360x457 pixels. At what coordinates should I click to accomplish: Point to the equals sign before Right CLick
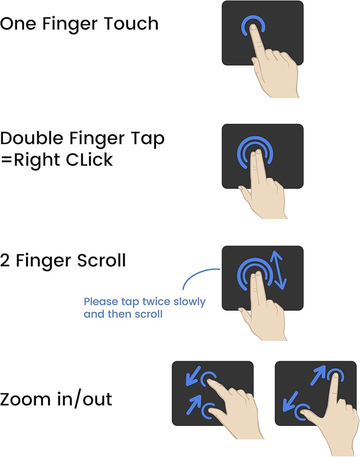(6, 160)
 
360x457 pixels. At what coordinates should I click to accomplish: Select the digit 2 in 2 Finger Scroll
(4, 260)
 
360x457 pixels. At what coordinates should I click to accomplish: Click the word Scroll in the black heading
(101, 260)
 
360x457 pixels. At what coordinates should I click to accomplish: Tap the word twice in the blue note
(157, 301)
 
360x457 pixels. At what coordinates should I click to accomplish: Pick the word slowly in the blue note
(189, 302)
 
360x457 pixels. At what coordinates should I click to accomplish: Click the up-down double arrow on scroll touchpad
(279, 270)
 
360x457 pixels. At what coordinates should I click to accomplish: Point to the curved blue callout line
(197, 274)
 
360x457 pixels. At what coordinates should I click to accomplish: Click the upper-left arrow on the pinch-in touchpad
(193, 376)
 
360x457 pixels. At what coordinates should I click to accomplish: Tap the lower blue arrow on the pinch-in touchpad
(194, 404)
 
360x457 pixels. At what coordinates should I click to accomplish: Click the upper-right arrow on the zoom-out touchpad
(318, 375)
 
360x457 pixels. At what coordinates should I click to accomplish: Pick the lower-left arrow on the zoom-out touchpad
(290, 401)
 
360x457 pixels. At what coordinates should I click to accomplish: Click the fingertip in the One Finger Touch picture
(253, 28)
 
